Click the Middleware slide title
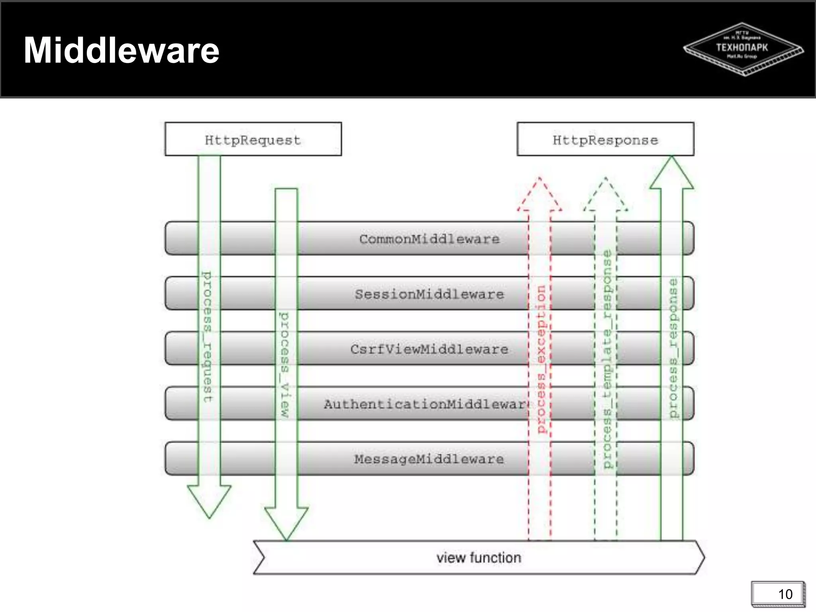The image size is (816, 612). [x=122, y=50]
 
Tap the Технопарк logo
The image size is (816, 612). [x=743, y=49]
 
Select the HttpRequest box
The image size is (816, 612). [x=253, y=139]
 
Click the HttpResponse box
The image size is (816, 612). [x=605, y=139]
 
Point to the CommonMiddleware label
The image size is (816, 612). [x=429, y=239]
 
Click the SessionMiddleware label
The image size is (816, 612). [x=429, y=294]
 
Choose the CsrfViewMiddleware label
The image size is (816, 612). [x=429, y=349]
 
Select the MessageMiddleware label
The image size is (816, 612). [x=429, y=459]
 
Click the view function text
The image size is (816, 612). [x=479, y=557]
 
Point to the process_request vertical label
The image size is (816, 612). [x=207, y=337]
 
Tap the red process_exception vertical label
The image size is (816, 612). [x=541, y=359]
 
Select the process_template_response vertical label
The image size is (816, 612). [x=606, y=359]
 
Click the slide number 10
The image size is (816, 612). [x=785, y=594]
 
